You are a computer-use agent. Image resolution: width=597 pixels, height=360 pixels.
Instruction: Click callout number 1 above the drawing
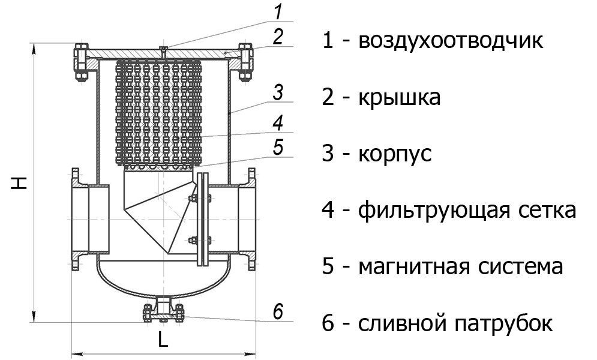point(278,11)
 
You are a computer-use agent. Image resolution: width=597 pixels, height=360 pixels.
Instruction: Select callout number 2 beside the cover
point(278,37)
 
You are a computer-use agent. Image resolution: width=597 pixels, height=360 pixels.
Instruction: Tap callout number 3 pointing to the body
point(278,92)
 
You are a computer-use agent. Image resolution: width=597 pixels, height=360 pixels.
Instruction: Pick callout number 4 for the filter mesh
point(278,123)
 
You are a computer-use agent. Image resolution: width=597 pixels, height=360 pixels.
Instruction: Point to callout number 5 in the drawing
point(278,147)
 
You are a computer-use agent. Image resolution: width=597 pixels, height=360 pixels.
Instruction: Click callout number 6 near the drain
point(278,311)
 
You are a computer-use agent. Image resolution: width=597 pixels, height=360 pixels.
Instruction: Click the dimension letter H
point(19,182)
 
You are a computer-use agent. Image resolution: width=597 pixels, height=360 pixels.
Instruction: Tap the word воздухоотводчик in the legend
point(451,41)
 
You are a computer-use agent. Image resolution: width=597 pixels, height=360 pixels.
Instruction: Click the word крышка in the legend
point(400,97)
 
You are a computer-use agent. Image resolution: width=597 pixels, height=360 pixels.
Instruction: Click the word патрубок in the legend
point(504,323)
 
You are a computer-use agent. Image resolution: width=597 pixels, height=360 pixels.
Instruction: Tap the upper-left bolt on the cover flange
point(82,62)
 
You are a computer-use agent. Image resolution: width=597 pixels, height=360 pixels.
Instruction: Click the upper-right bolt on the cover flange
point(245,62)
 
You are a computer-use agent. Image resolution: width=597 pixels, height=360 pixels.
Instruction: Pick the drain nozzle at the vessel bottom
point(163,309)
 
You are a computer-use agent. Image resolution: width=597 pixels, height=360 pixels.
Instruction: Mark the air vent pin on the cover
point(163,52)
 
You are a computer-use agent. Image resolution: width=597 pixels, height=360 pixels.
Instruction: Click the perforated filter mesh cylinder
point(158,113)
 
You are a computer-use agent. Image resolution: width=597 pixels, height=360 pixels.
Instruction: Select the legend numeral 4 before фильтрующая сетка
point(328,211)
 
